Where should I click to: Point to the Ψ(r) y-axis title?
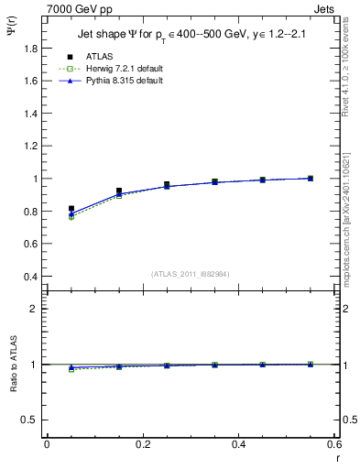tap(10, 35)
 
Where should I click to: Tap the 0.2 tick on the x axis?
tap(142, 444)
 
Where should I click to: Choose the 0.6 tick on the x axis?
tap(333, 444)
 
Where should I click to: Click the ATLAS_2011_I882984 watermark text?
tap(191, 273)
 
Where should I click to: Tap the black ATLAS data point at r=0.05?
tap(71, 209)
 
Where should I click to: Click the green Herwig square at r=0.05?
tap(71, 217)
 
